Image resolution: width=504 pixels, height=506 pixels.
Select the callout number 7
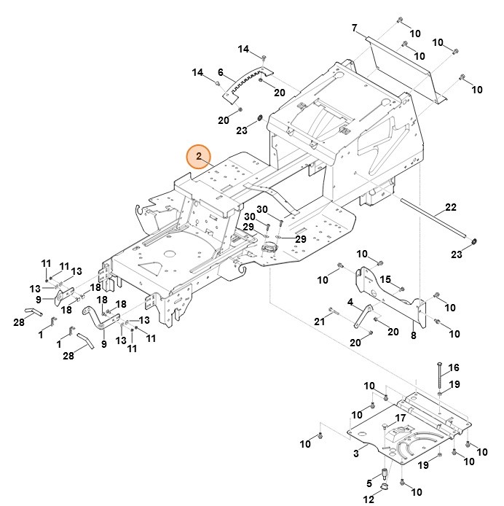pos(354,28)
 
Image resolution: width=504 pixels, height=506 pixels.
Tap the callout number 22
pos(450,208)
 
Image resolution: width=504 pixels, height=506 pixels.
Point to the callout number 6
pos(220,72)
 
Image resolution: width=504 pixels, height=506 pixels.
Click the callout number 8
pos(413,335)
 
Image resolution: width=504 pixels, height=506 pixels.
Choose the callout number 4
pos(350,302)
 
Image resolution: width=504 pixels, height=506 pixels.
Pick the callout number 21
pos(318,322)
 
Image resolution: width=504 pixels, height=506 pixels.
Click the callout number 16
pos(454,367)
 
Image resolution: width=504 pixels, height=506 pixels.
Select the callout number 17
pos(399,418)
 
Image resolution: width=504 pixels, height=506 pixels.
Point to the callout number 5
pos(369,484)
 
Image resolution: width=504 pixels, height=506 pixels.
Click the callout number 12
pos(369,499)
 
